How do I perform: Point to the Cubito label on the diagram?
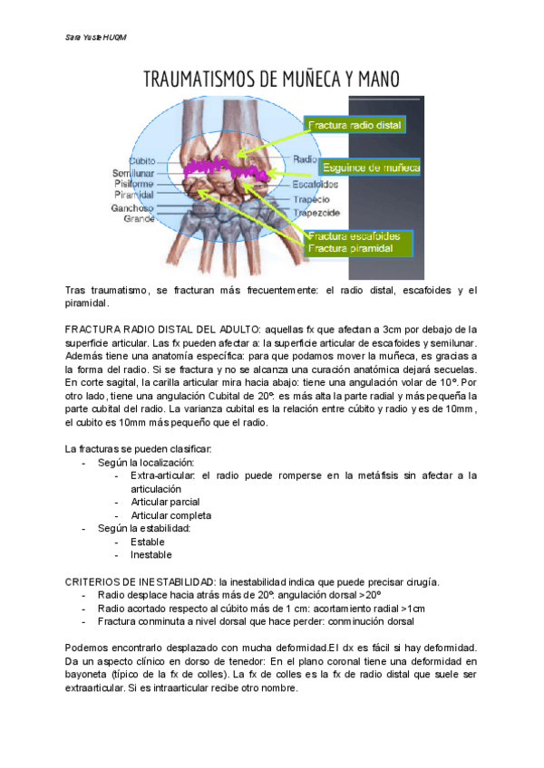click(x=148, y=160)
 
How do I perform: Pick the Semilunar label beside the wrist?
click(x=133, y=172)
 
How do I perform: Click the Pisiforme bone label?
click(x=134, y=183)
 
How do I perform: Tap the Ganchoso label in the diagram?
click(x=132, y=207)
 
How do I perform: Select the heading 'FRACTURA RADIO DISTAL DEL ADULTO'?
click(x=163, y=330)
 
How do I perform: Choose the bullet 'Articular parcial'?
click(x=165, y=502)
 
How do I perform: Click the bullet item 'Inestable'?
click(x=151, y=554)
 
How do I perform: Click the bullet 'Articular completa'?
click(x=170, y=515)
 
